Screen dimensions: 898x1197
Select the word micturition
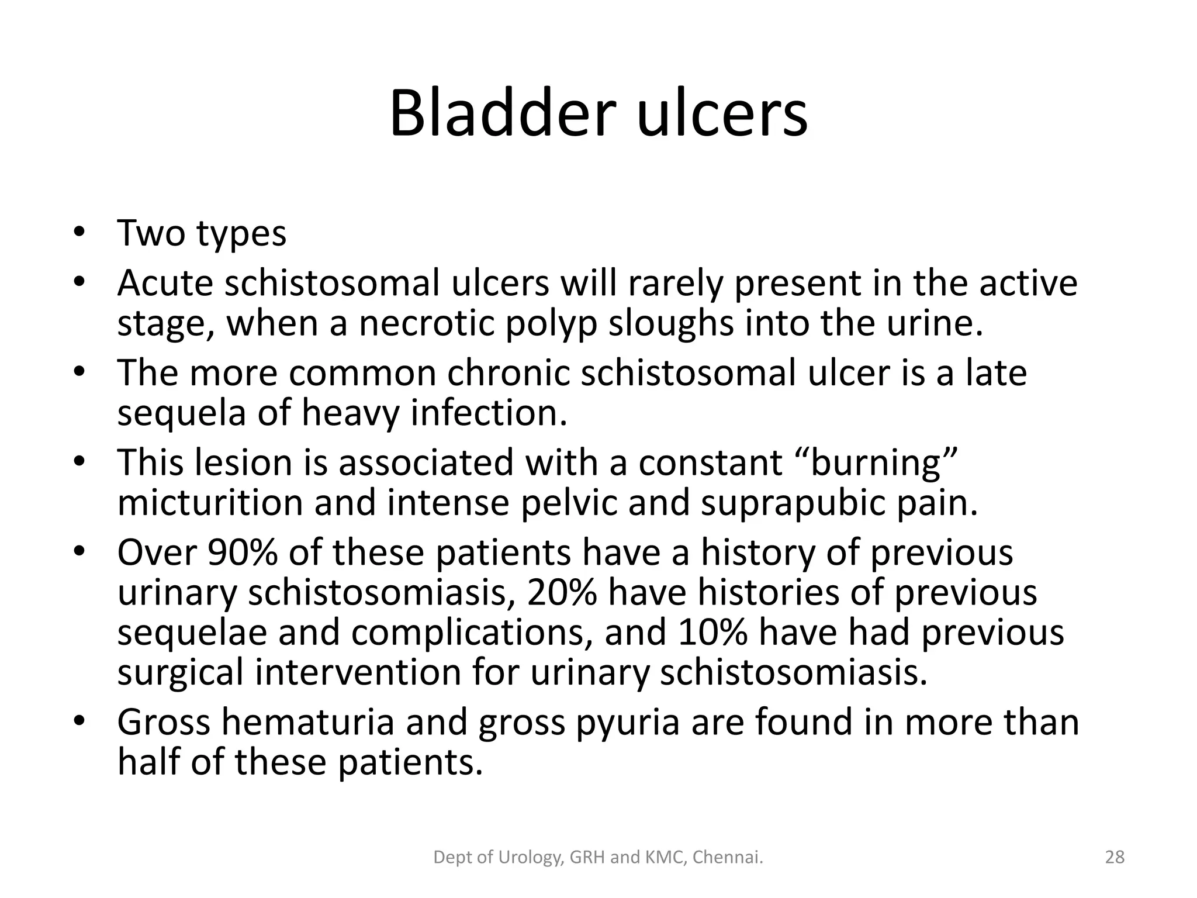(x=210, y=503)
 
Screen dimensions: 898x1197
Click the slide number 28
(x=1115, y=857)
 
